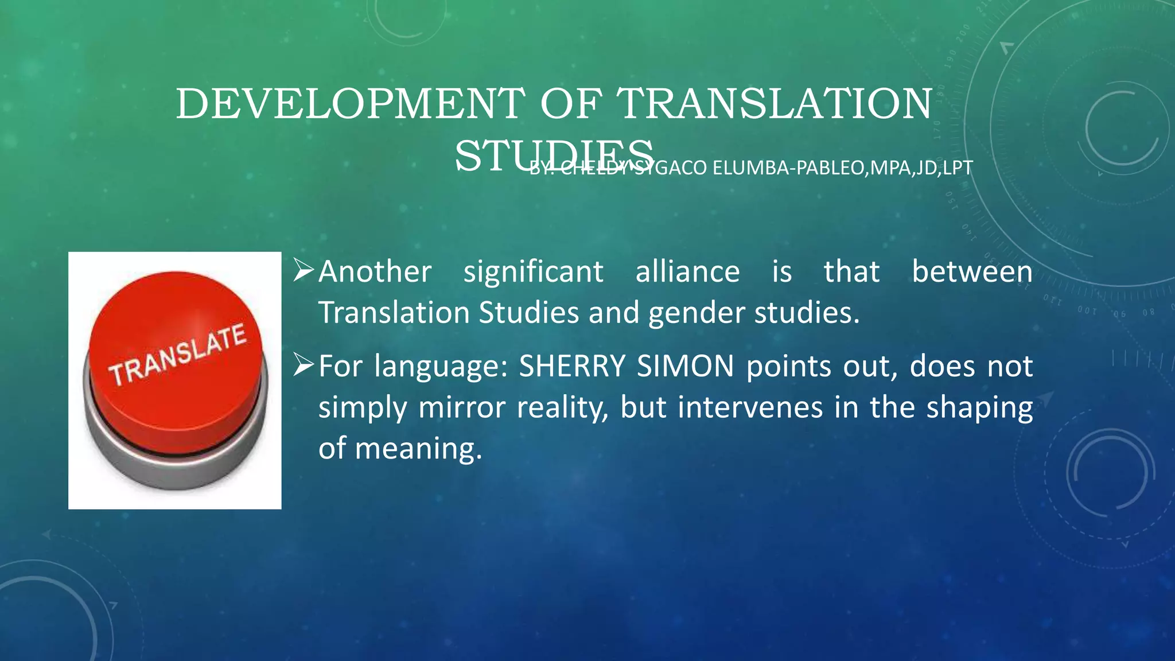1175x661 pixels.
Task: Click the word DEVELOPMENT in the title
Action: pos(350,104)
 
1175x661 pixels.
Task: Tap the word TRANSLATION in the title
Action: pos(774,104)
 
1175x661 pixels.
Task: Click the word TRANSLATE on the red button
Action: pos(178,355)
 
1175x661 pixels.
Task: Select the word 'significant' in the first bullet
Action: pos(533,272)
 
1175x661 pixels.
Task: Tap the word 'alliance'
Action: pos(687,272)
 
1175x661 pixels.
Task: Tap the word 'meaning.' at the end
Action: pos(418,449)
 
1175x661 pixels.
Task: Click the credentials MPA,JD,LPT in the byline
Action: pos(922,168)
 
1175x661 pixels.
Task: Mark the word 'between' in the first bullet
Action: pos(972,272)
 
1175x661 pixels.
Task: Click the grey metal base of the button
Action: pos(178,468)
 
